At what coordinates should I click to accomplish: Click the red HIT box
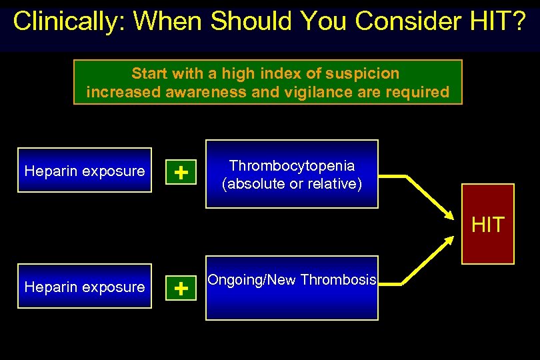click(488, 224)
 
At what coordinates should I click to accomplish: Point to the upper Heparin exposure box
click(85, 171)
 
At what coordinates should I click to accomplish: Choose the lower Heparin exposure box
click(85, 287)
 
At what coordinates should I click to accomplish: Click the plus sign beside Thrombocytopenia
click(180, 173)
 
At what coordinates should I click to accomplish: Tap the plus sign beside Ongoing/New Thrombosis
click(180, 289)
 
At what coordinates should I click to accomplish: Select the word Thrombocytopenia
click(292, 165)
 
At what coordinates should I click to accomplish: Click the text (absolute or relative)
click(292, 183)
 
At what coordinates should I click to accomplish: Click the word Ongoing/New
click(253, 279)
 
